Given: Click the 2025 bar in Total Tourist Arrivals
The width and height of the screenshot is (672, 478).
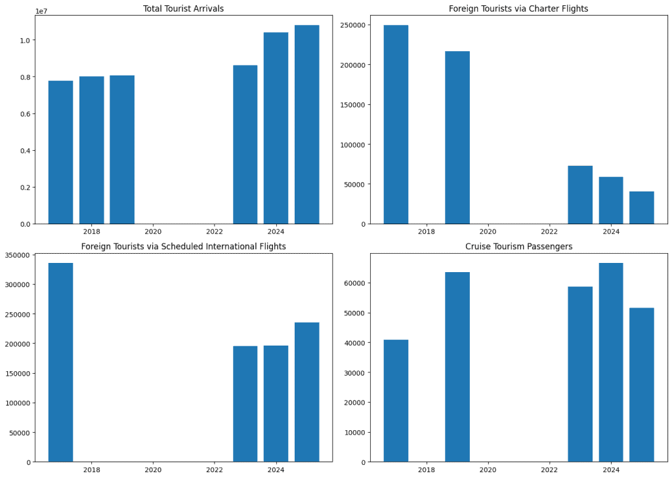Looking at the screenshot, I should [x=306, y=125].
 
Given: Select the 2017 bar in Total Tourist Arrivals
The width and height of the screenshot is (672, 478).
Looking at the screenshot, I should [x=60, y=152].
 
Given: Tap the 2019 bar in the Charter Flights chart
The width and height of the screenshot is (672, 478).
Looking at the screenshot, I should [x=457, y=138].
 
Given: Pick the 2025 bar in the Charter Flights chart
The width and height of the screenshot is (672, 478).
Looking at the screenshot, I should [x=641, y=208].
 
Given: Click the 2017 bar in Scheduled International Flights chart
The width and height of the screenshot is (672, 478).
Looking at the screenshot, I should [x=60, y=362].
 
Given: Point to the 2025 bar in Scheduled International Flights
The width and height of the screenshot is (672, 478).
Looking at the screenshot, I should [x=306, y=392].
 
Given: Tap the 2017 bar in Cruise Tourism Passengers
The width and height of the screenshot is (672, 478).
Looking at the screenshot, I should [x=396, y=401].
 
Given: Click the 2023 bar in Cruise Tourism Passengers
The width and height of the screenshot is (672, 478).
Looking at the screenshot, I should [x=580, y=374].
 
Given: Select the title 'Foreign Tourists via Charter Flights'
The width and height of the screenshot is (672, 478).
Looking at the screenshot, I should [x=518, y=9].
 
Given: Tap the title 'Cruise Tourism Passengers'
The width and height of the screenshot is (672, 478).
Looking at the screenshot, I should [x=518, y=247].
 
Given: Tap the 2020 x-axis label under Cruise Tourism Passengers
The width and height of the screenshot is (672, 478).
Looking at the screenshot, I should [x=488, y=469].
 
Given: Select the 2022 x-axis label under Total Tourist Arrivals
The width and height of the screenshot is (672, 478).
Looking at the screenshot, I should [x=214, y=231].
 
